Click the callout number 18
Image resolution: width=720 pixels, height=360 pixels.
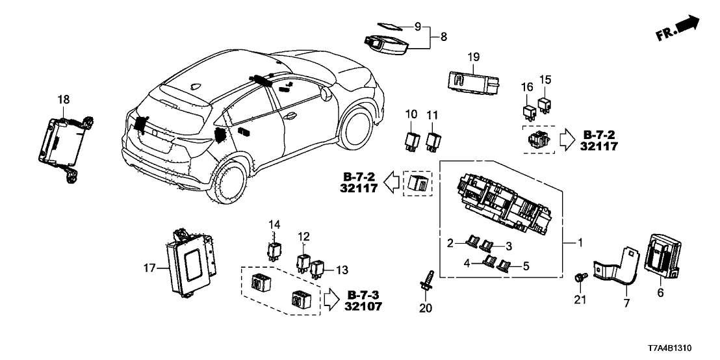63,99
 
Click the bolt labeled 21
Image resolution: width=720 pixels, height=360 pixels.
578,278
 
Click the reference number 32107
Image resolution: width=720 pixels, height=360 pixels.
365,307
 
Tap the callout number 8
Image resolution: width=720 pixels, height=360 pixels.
444,38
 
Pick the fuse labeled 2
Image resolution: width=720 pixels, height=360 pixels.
474,244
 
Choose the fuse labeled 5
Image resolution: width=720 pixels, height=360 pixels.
504,265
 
